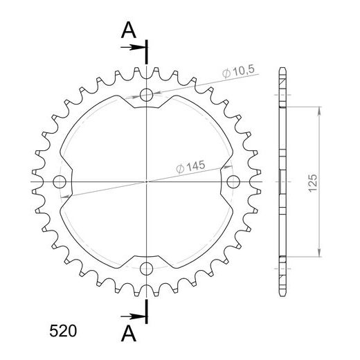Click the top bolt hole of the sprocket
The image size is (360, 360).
click(x=146, y=95)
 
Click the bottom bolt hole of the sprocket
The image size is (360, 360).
click(x=146, y=269)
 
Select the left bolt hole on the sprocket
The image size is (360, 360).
click(x=60, y=181)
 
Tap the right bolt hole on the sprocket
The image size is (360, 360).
click(x=233, y=181)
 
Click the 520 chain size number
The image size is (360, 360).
click(x=63, y=331)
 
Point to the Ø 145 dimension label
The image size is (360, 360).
click(x=190, y=167)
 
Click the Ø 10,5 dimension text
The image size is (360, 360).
click(x=238, y=71)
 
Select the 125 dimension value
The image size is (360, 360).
click(x=313, y=182)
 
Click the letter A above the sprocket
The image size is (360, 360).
click(x=129, y=30)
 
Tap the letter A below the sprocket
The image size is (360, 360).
click(x=129, y=334)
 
